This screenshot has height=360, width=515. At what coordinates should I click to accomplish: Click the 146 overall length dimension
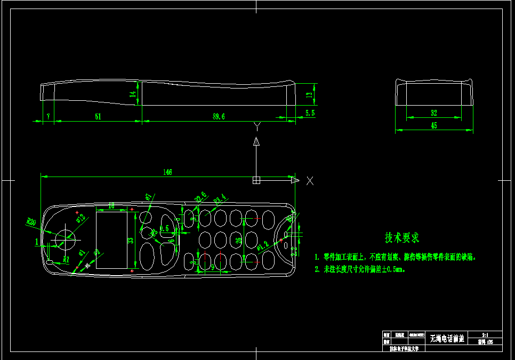point(167,172)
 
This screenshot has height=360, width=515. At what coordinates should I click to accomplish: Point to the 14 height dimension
point(133,94)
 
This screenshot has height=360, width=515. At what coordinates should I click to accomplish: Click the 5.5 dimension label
point(310,113)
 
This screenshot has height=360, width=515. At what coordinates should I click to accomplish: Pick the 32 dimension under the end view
point(433,113)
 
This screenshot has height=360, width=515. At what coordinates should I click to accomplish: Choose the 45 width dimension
point(433,126)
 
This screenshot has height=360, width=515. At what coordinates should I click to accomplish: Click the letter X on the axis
point(310,181)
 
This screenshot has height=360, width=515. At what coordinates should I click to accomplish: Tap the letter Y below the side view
point(256,126)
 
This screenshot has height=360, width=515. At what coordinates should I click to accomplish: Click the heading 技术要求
point(402,237)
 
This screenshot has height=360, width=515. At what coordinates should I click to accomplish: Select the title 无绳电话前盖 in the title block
point(447,338)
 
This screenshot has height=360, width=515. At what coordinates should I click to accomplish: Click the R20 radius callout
point(31,220)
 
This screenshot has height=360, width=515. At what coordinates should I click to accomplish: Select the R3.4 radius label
point(220,200)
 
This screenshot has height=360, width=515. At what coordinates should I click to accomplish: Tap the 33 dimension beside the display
point(130,240)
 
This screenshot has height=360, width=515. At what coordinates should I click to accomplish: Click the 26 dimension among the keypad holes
point(238,240)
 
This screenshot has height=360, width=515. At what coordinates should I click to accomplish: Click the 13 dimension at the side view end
point(309,94)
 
